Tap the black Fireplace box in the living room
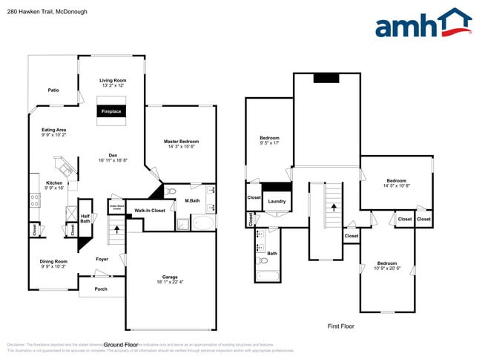pyautogui.click(x=111, y=111)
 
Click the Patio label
pyautogui.click(x=53, y=90)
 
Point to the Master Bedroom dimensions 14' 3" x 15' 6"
pyautogui.click(x=181, y=146)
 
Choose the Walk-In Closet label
pyautogui.click(x=148, y=211)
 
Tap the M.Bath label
pyautogui.click(x=192, y=200)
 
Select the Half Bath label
pyautogui.click(x=85, y=218)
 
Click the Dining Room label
pyautogui.click(x=54, y=261)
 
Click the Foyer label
pyautogui.click(x=102, y=259)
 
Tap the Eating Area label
pyautogui.click(x=53, y=130)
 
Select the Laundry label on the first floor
pyautogui.click(x=277, y=201)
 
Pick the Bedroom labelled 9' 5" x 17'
pyautogui.click(x=269, y=139)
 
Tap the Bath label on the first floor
pyautogui.click(x=272, y=254)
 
